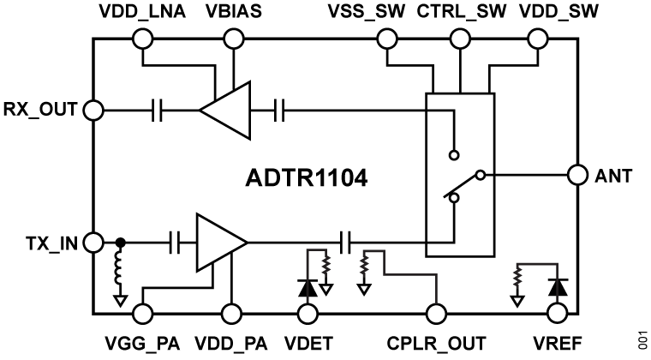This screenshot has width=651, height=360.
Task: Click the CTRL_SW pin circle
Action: [x=463, y=39]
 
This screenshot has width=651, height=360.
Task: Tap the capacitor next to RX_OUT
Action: [x=158, y=110]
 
